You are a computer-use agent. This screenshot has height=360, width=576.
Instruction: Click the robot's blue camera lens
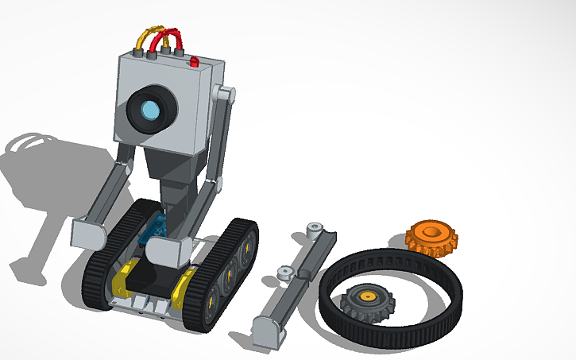pos(148,113)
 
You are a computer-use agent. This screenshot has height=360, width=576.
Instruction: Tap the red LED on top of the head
pos(193,60)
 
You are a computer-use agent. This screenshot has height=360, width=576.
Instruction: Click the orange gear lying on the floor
pos(431,237)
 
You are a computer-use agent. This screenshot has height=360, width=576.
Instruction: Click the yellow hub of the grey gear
pos(368,297)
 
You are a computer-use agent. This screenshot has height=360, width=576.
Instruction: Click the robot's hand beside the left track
pos(89,231)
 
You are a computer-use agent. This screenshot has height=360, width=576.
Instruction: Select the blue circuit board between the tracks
pos(154,227)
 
